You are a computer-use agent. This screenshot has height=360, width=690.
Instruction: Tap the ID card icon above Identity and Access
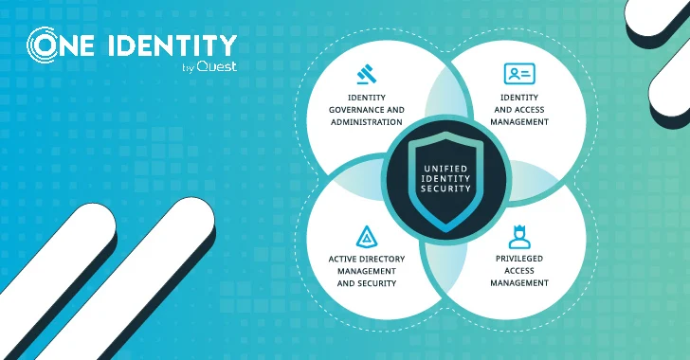[x=518, y=74]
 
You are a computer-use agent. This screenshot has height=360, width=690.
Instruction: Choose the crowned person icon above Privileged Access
[x=518, y=235]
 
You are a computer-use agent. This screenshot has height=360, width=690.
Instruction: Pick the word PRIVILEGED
[x=518, y=257]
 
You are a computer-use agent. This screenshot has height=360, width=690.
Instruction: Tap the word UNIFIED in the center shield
[x=439, y=167]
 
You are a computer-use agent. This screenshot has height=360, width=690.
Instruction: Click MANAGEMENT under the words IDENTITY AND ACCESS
[x=518, y=122]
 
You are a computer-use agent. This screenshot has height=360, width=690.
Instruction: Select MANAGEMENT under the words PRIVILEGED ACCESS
[x=518, y=283]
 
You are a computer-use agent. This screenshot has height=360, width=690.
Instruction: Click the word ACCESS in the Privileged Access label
[x=518, y=270]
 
